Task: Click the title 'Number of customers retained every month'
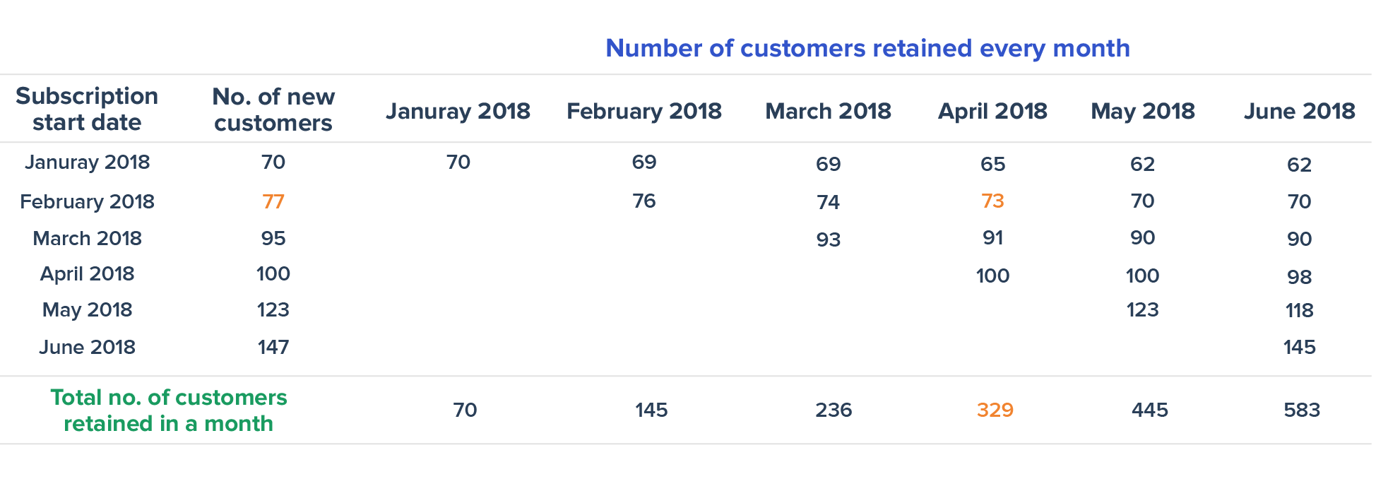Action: pyautogui.click(x=867, y=48)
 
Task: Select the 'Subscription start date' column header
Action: pyautogui.click(x=87, y=109)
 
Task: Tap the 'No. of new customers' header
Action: pyautogui.click(x=273, y=110)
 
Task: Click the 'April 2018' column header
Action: pyautogui.click(x=992, y=111)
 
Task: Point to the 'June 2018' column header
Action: pyautogui.click(x=1299, y=111)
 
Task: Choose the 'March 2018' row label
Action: pyautogui.click(x=87, y=238)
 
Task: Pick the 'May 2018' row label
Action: pyautogui.click(x=87, y=310)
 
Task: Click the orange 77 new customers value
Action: pyautogui.click(x=273, y=202)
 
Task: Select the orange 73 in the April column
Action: pyautogui.click(x=992, y=201)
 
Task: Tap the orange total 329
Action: pyautogui.click(x=995, y=410)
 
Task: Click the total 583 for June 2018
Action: pyautogui.click(x=1301, y=410)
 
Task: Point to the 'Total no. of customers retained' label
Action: pyautogui.click(x=168, y=410)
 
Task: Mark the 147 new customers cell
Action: pyautogui.click(x=273, y=347)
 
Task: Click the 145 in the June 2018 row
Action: pyautogui.click(x=1299, y=347)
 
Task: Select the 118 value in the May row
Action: pyautogui.click(x=1299, y=310)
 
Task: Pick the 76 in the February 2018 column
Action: pyautogui.click(x=644, y=201)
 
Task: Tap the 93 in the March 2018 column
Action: pyautogui.click(x=828, y=239)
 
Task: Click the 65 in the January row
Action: pyautogui.click(x=992, y=164)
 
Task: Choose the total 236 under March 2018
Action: pyautogui.click(x=834, y=410)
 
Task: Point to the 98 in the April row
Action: pyautogui.click(x=1299, y=276)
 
